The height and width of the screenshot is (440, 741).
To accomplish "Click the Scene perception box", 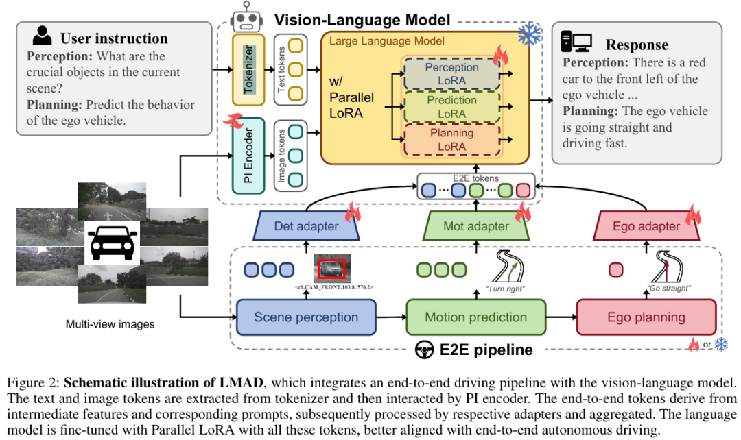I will tap(305, 317).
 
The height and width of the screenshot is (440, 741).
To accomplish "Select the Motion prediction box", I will tap(475, 317).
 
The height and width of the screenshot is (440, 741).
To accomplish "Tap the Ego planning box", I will tap(646, 317).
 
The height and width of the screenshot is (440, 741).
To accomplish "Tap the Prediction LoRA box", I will tap(451, 107).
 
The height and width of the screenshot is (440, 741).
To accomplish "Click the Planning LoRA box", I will tap(451, 139).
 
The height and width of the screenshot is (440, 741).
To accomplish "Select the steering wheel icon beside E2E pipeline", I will tap(424, 350).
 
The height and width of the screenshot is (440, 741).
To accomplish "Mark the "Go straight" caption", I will tap(668, 289).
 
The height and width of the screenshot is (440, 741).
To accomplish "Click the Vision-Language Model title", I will tap(362, 19).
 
